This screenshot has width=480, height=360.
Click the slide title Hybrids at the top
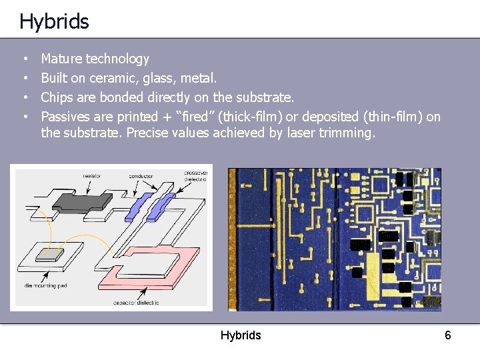pos(54,21)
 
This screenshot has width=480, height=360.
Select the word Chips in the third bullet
pos(57,97)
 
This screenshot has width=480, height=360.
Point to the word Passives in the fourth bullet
pos(67,117)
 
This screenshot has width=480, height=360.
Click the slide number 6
pos(448,335)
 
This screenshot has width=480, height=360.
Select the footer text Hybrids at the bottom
pos(241,335)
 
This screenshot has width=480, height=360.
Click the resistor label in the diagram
pos(92,176)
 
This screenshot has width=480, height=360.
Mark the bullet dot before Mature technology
pos(25,59)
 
